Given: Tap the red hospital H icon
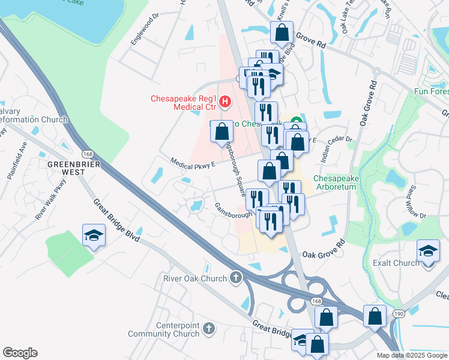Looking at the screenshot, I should point(225,102).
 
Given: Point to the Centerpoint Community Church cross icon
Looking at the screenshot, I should point(208,328).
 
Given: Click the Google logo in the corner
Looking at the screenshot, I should point(20,353).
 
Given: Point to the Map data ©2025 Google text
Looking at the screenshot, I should point(411,355).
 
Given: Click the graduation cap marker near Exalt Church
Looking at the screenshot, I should point(428,250).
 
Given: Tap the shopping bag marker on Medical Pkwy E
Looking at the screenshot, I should point(221,130).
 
